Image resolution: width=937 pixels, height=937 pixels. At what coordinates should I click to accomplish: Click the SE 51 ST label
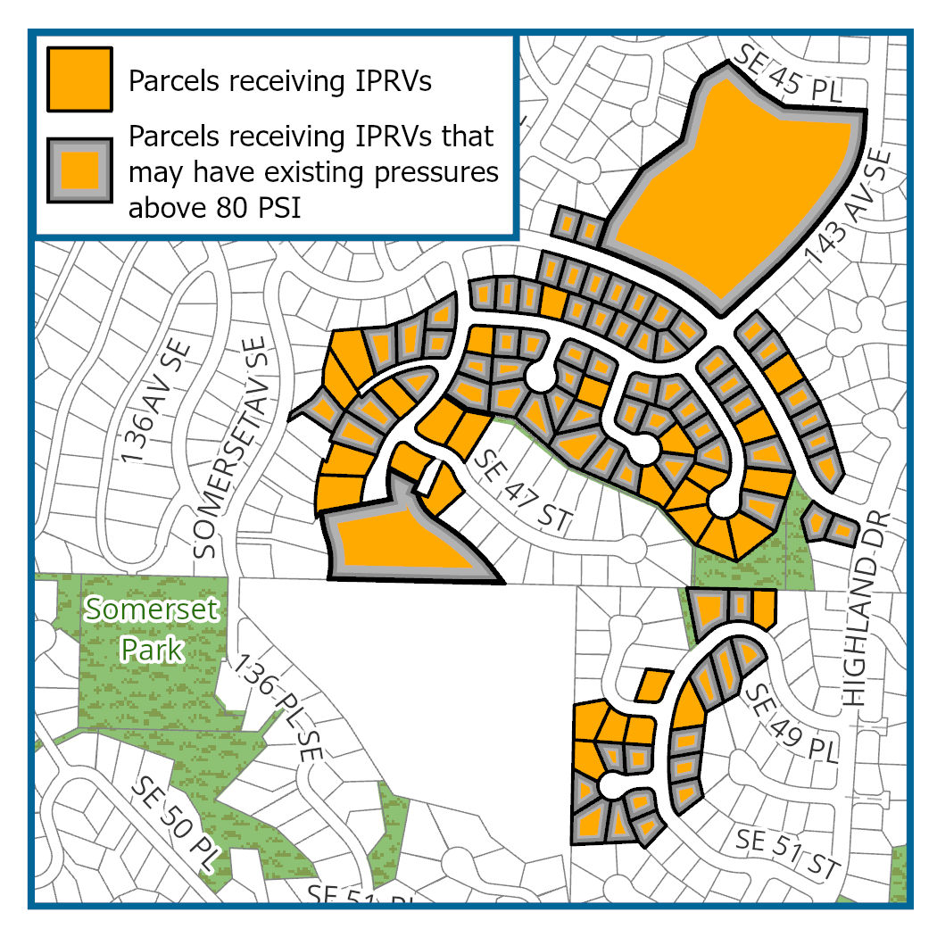(790, 852)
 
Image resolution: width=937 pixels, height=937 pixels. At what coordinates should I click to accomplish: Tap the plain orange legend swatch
(80, 78)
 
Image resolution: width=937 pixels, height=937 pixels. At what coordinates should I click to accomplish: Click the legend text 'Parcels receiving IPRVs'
(280, 81)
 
